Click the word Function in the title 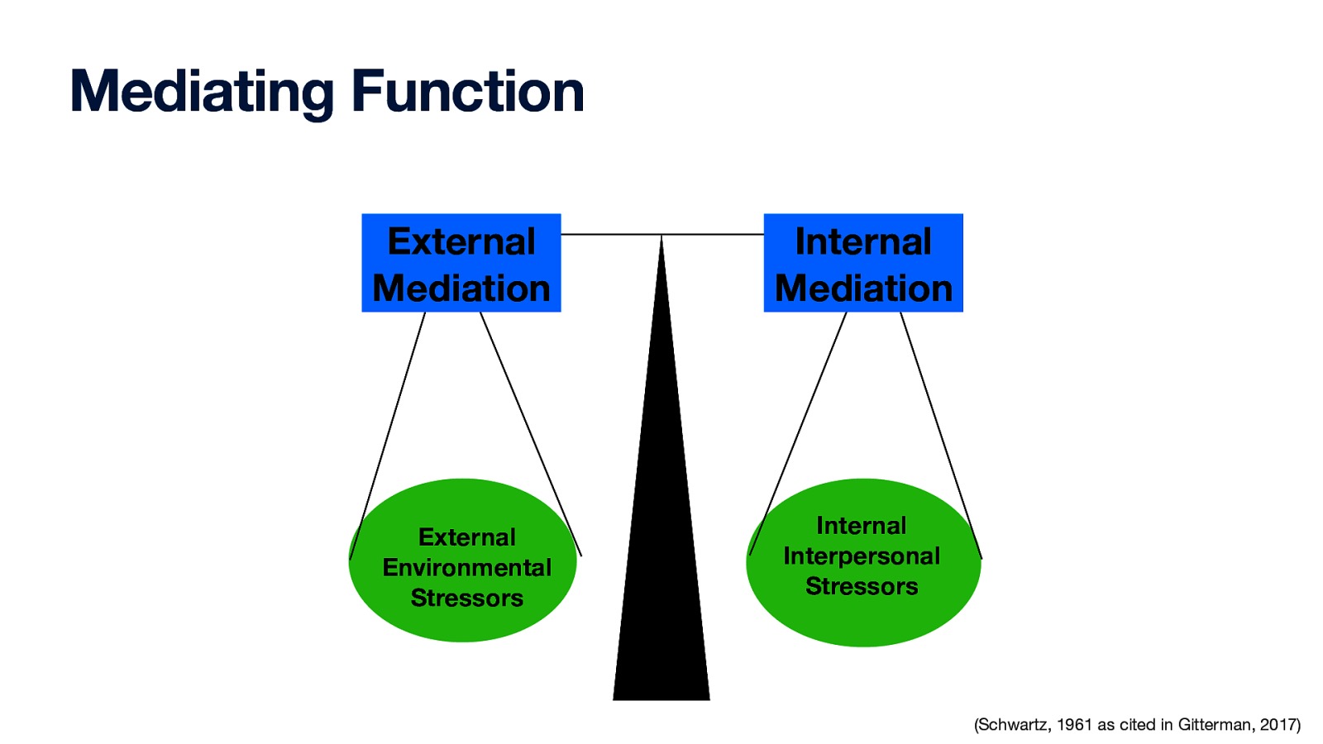(468, 92)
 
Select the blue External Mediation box (461, 263)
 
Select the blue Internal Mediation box (863, 263)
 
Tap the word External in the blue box (461, 242)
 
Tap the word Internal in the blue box (863, 242)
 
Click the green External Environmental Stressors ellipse (463, 628)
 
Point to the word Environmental (466, 568)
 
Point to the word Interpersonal (862, 556)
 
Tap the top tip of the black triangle (661, 240)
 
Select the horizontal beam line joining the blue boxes (612, 235)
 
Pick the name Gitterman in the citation (1215, 725)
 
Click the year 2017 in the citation (1278, 725)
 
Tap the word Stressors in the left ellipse (466, 599)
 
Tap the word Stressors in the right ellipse (862, 587)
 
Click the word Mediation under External (461, 289)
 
